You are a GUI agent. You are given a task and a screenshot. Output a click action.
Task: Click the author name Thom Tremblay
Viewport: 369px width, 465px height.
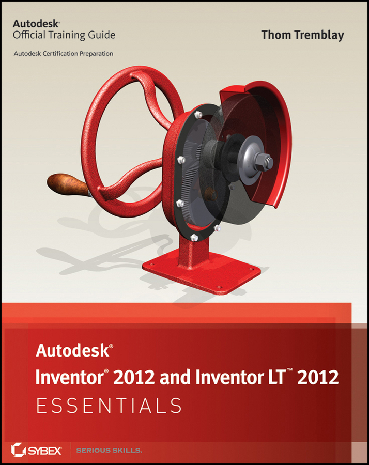302,35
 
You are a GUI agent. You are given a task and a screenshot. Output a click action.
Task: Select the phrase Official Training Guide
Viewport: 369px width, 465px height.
64,35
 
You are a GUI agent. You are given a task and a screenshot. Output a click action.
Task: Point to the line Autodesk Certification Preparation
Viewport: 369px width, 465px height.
63,53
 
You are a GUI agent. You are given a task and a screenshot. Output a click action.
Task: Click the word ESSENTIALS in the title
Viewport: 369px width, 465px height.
108,406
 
